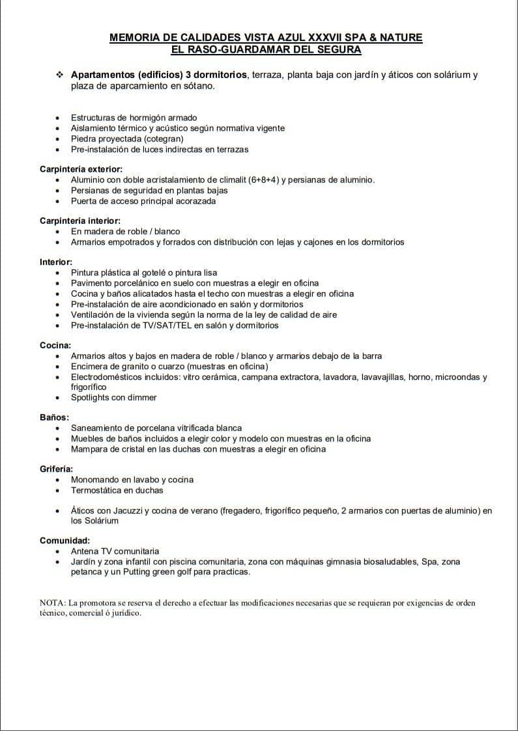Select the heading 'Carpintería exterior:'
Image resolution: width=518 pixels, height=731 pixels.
81,169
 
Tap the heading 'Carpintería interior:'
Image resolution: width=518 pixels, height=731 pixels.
79,221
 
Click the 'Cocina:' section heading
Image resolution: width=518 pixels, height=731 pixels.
55,346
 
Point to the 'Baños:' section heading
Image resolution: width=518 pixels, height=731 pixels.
54,417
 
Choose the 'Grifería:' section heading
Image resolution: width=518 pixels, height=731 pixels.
56,469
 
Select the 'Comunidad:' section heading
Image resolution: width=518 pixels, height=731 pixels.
65,540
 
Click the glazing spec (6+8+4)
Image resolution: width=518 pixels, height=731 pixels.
264,180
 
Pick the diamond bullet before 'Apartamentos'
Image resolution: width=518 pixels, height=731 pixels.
60,75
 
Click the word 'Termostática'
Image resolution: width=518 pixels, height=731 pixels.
97,490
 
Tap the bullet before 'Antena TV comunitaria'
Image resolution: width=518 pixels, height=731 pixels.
59,551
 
